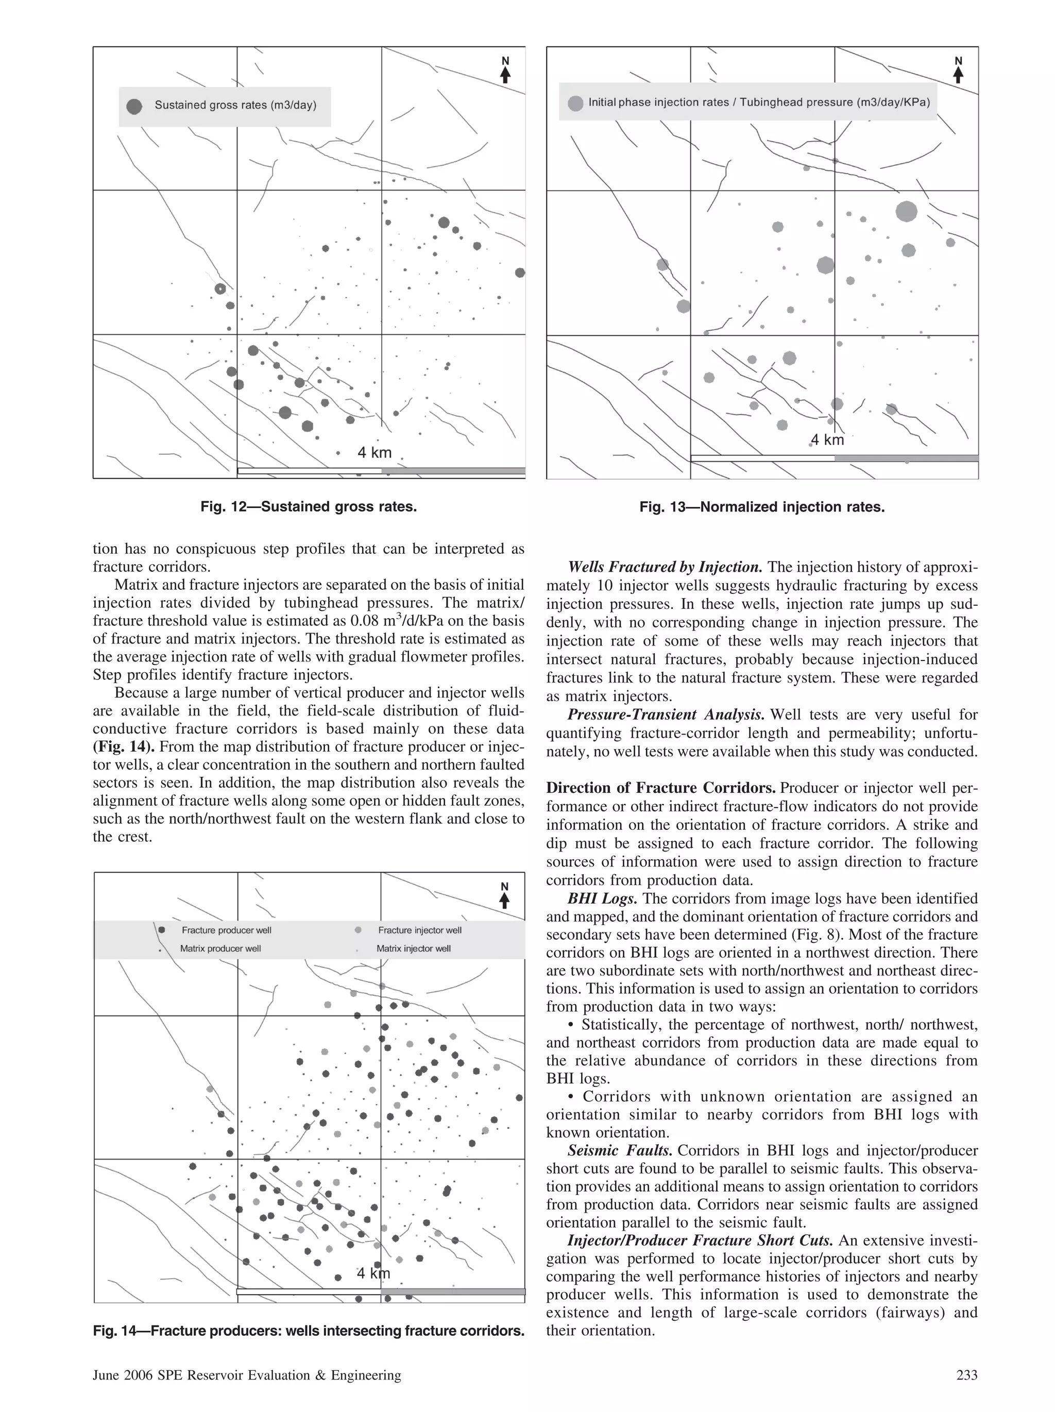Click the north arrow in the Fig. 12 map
tap(505, 71)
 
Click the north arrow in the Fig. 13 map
tap(958, 71)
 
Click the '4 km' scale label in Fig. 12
tap(374, 453)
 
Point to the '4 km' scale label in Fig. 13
tap(827, 440)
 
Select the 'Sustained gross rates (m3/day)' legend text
tap(235, 105)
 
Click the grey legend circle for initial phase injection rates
tap(575, 104)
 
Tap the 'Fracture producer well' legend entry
tap(226, 930)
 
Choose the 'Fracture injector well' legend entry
tap(419, 930)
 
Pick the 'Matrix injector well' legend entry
tap(413, 948)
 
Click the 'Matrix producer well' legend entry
tap(220, 948)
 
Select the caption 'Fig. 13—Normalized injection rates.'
tap(762, 507)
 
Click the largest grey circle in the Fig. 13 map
tap(906, 211)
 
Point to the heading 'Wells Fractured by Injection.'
tap(665, 567)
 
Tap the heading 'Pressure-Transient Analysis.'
tap(666, 715)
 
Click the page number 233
tap(967, 1375)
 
